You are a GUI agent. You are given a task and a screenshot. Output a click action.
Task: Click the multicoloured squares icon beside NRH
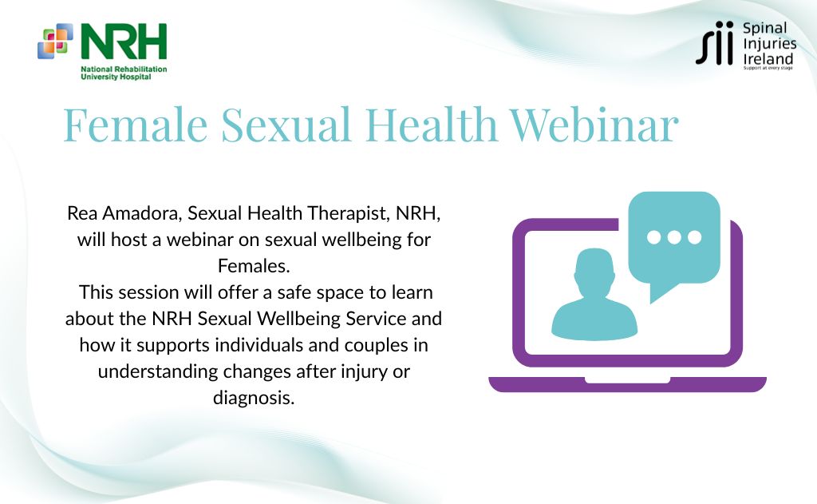[55, 41]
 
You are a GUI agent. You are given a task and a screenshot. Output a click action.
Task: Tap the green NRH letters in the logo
[124, 42]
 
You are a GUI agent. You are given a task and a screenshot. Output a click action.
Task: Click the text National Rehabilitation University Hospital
[124, 73]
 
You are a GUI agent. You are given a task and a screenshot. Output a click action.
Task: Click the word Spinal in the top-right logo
[765, 28]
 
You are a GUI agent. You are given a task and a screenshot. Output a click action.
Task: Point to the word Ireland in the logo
[768, 58]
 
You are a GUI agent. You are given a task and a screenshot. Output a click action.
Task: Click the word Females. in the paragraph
[254, 266]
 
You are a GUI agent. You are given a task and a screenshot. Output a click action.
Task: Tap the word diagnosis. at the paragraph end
[254, 398]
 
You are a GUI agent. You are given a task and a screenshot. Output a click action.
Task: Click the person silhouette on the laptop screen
[594, 295]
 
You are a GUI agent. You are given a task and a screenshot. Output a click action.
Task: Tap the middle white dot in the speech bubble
[674, 237]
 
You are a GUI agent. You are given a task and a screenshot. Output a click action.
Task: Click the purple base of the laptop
[627, 384]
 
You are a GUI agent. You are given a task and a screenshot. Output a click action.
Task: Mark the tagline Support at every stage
[768, 69]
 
